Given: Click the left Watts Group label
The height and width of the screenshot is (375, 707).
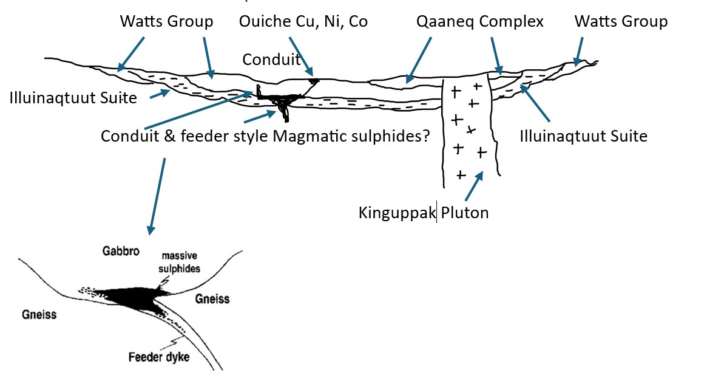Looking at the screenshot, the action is pos(166,22).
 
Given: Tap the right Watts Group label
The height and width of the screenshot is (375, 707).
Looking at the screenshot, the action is pos(621,22).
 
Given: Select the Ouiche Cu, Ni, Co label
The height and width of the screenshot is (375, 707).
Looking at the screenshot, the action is pos(303,22).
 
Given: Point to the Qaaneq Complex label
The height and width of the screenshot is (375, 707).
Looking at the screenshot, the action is pos(480,22).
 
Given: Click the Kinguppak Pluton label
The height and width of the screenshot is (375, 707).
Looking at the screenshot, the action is pos(424,212).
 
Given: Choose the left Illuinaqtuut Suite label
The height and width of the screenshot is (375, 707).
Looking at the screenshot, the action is pos(73,98).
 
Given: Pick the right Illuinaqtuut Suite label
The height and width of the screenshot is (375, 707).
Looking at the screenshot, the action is pos(583,136).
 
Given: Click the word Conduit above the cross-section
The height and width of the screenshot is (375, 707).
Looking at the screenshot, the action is pos(271,59).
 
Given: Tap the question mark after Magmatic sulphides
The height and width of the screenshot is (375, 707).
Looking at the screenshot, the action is pos(426,136).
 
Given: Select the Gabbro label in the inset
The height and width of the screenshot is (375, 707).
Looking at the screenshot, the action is pos(121,251).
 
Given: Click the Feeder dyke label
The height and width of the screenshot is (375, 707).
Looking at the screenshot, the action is pos(159,357).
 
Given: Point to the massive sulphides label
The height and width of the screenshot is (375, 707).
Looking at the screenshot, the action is pos(179,263).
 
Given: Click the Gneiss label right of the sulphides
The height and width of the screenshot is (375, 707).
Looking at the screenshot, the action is pos(212,298).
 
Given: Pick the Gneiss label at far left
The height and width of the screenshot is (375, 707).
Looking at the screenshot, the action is pos(39,314).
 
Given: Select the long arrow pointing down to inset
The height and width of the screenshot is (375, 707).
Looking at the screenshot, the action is pos(157,196).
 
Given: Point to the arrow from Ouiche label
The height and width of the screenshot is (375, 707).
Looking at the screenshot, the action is pos(301,56).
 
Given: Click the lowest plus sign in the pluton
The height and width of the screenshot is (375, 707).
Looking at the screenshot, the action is pos(461,175).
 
